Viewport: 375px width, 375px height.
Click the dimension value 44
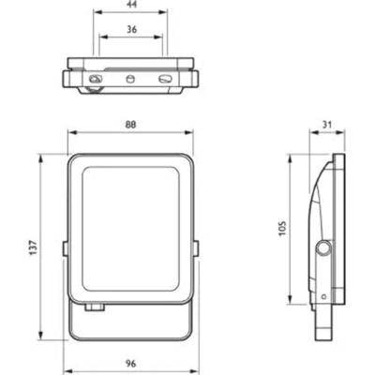tap(131, 6)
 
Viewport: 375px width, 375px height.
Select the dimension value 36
tap(131, 29)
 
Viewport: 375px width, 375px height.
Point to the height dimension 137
tap(30, 245)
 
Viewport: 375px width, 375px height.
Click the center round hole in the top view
tap(131, 78)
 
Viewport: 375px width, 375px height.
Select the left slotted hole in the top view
tap(95, 81)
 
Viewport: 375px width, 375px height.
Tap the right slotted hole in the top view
tap(167, 81)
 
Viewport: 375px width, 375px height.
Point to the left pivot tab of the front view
tap(64, 247)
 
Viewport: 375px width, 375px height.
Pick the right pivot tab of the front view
tap(198, 247)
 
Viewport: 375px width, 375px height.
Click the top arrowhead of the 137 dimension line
tap(39, 157)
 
